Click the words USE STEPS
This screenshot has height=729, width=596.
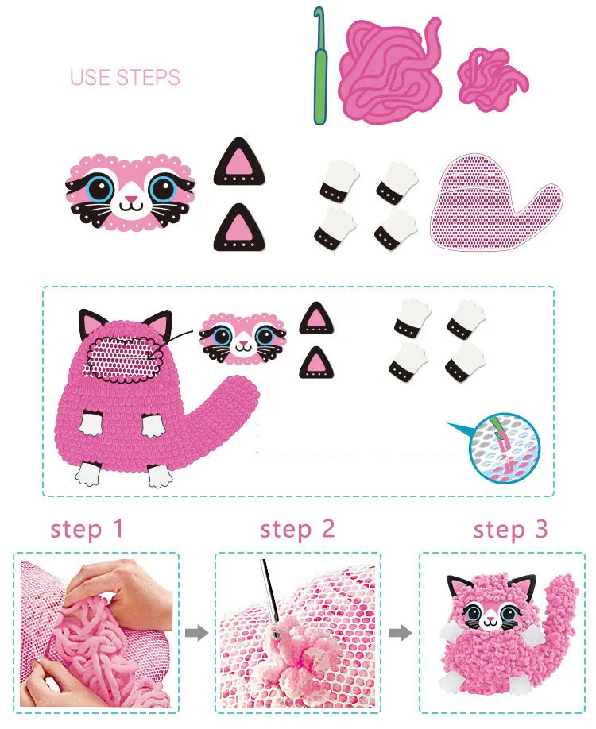(125, 77)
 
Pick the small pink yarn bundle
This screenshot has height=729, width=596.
(493, 79)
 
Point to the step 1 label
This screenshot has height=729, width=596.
(87, 530)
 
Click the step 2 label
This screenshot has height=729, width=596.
(297, 530)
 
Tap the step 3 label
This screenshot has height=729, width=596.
(510, 530)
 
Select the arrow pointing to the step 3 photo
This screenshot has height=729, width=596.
(401, 633)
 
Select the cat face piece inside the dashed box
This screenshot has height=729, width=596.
(242, 337)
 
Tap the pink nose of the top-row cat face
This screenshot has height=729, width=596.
(131, 199)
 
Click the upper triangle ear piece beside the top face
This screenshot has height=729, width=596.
(239, 162)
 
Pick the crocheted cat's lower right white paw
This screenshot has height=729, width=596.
(160, 475)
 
